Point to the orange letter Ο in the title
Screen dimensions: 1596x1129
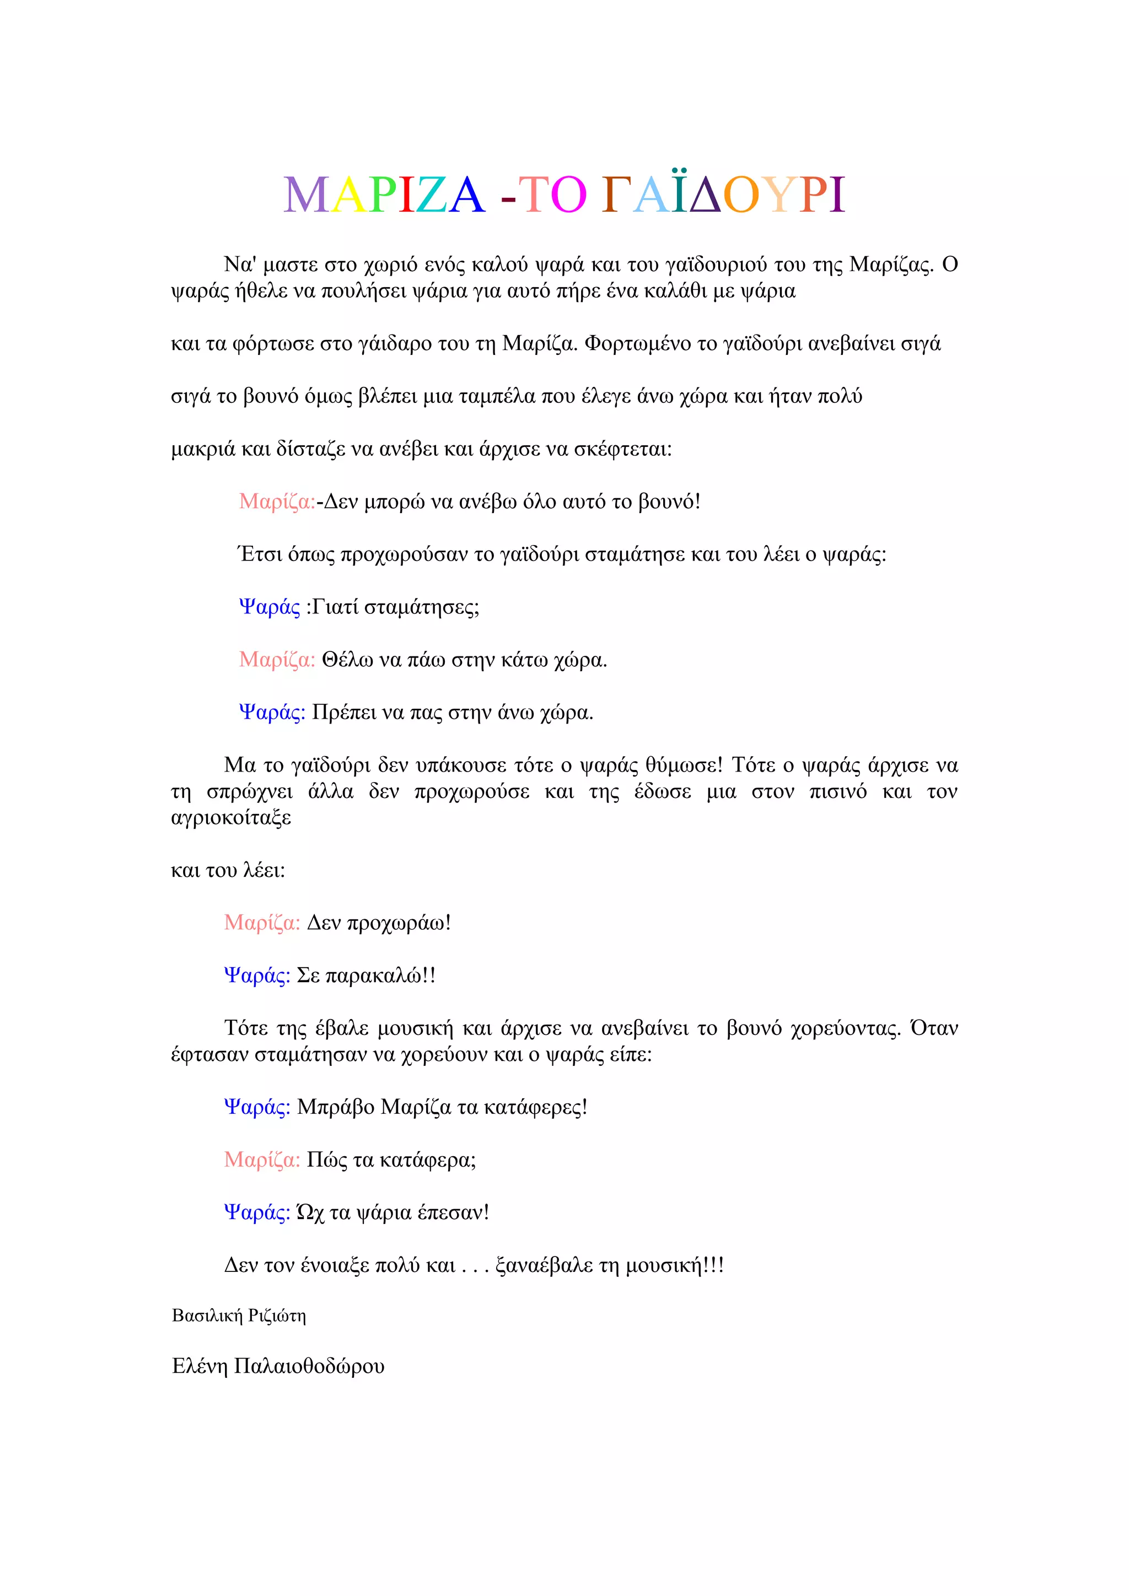[x=740, y=197]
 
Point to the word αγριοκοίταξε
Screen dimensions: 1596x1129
[x=231, y=818]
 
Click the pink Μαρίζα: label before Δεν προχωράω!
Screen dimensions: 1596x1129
[x=262, y=923]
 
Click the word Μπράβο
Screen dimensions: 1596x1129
[x=336, y=1107]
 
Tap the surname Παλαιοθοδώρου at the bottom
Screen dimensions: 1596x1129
[x=309, y=1367]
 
